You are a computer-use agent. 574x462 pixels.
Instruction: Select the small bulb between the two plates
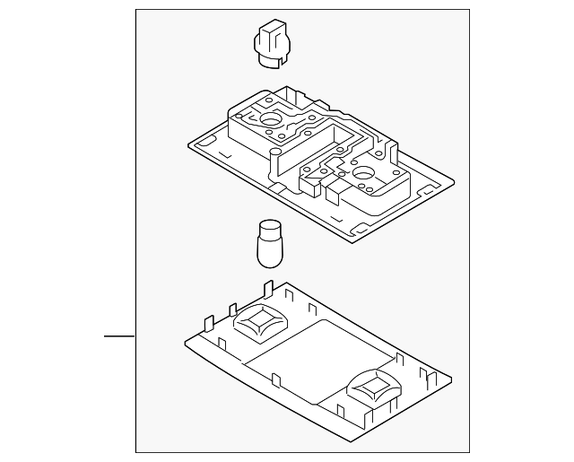(x=268, y=243)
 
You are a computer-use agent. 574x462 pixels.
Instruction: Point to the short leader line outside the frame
(x=119, y=336)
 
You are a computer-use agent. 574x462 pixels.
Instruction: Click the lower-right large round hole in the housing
(x=365, y=172)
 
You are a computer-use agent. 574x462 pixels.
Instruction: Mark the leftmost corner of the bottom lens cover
(x=184, y=340)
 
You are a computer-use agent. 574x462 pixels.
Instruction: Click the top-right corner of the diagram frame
(x=469, y=10)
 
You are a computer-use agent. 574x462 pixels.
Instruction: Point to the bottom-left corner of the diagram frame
(x=135, y=453)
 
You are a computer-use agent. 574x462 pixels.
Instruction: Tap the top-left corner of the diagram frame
(x=135, y=10)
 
